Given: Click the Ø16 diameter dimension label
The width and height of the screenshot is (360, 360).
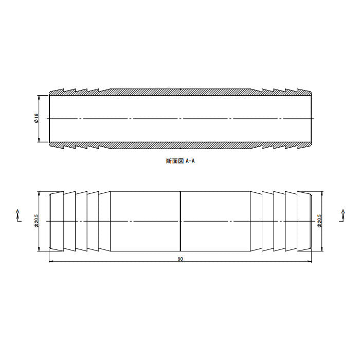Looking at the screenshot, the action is click(x=37, y=118).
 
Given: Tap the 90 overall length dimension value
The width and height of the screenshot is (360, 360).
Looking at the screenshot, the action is click(x=180, y=259).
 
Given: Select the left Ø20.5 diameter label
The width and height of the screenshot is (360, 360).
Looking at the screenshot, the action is click(x=37, y=221).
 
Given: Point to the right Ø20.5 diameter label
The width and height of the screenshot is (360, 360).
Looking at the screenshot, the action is click(x=319, y=221).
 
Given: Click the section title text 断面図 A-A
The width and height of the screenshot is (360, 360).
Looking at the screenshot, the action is click(x=180, y=161).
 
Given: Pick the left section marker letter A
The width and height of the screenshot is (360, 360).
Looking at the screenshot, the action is click(x=17, y=211).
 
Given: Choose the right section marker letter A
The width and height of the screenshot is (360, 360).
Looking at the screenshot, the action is click(x=343, y=211).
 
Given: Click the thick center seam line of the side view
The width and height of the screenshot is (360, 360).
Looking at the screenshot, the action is click(x=181, y=221).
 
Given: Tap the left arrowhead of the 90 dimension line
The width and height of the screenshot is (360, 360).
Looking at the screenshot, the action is click(x=51, y=261).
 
